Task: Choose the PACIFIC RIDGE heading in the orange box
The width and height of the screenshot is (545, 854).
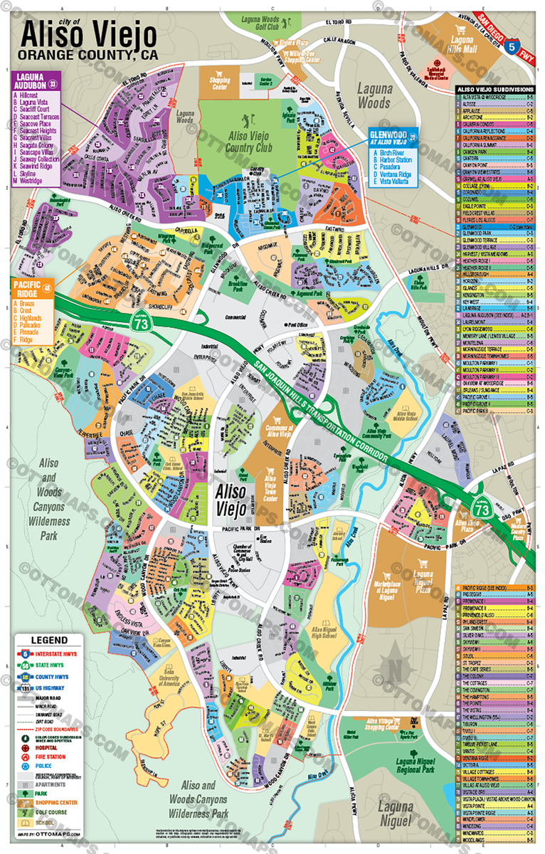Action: (x=26, y=287)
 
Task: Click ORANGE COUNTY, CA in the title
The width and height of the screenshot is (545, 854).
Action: (x=88, y=55)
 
